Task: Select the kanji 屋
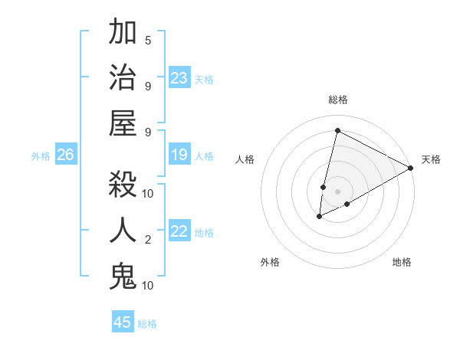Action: tap(123, 122)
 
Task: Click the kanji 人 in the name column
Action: tap(123, 230)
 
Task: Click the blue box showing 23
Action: tap(179, 78)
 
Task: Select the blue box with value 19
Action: tap(179, 155)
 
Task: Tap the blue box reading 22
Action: tap(179, 232)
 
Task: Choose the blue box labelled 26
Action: tap(65, 155)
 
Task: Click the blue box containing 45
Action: tap(123, 322)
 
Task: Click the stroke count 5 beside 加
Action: tap(148, 41)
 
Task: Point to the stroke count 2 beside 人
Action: tap(148, 241)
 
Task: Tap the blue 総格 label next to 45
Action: tap(147, 324)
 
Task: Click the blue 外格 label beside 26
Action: tap(41, 156)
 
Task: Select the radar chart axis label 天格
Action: tap(431, 159)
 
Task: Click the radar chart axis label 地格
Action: tap(402, 262)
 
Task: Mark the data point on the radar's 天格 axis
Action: tap(411, 168)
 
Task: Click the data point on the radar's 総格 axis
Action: tap(337, 130)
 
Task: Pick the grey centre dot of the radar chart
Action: tap(337, 190)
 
